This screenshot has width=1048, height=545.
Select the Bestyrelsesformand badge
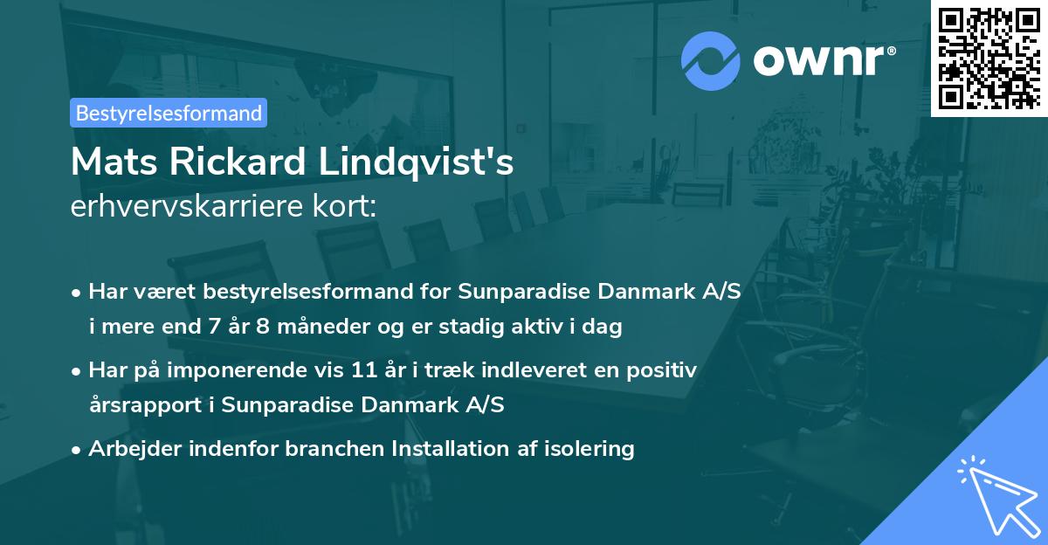click(x=169, y=113)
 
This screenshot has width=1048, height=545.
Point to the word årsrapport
click(x=150, y=406)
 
